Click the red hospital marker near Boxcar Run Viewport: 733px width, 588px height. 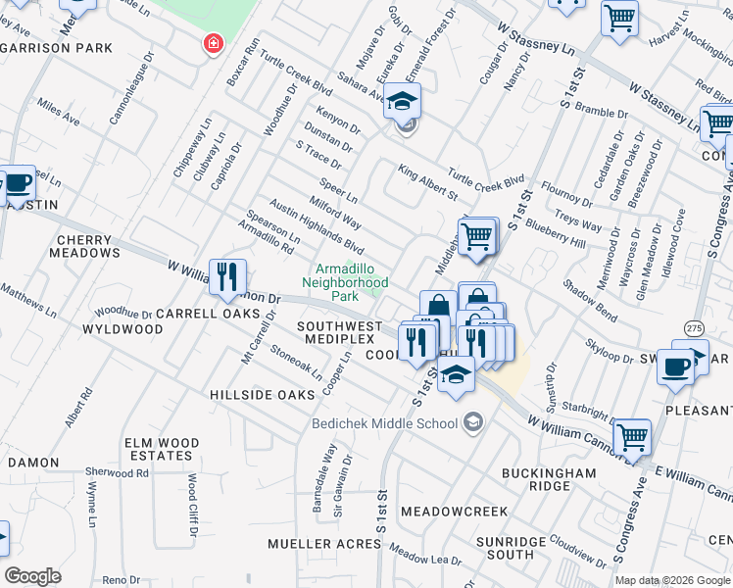(x=212, y=43)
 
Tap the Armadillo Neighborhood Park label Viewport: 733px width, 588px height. (x=351, y=282)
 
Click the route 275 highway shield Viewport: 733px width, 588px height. (x=694, y=327)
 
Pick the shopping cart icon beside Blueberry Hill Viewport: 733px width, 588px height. (x=476, y=236)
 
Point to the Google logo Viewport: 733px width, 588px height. (x=33, y=575)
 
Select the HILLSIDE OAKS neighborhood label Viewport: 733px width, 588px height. (x=262, y=394)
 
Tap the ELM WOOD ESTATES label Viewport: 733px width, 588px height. (x=158, y=450)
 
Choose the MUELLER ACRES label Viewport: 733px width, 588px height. (x=324, y=543)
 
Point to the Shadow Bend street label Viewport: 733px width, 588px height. (x=590, y=300)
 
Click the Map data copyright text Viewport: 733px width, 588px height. (x=671, y=580)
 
